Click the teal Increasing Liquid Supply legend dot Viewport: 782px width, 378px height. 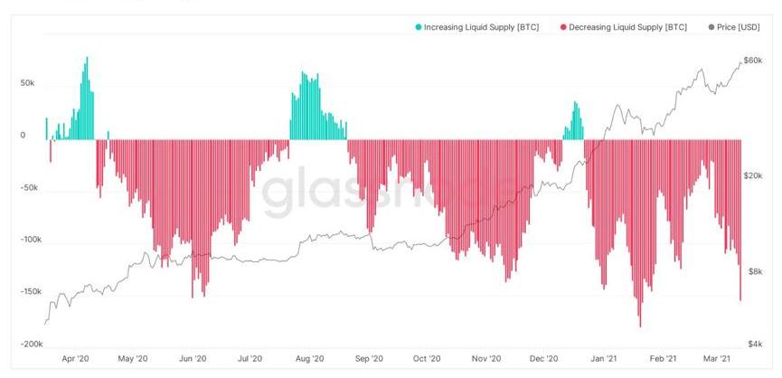click(419, 28)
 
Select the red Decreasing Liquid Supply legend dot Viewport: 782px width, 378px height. click(562, 28)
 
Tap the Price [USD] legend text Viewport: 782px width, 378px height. click(740, 28)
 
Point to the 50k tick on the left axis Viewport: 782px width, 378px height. click(27, 82)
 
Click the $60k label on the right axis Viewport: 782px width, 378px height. click(752, 61)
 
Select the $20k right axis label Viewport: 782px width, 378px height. click(752, 176)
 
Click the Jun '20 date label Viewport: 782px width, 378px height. click(192, 360)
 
